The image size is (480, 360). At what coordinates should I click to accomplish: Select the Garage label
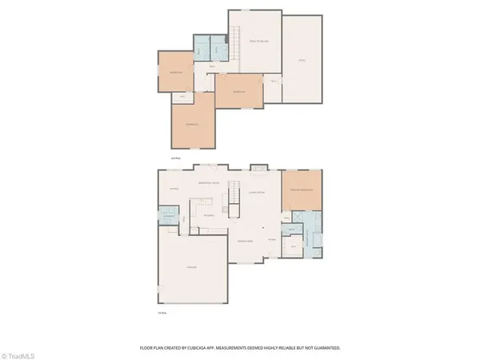click(x=192, y=266)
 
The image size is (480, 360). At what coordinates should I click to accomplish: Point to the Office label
click(x=174, y=189)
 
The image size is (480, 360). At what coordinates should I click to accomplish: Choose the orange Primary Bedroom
click(x=302, y=191)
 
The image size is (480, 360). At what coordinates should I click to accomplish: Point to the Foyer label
click(x=272, y=239)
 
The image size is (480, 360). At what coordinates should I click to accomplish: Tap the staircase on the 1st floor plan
click(x=235, y=193)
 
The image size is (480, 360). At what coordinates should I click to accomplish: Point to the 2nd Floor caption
click(x=176, y=158)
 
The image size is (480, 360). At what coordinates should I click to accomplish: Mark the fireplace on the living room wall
click(x=258, y=168)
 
